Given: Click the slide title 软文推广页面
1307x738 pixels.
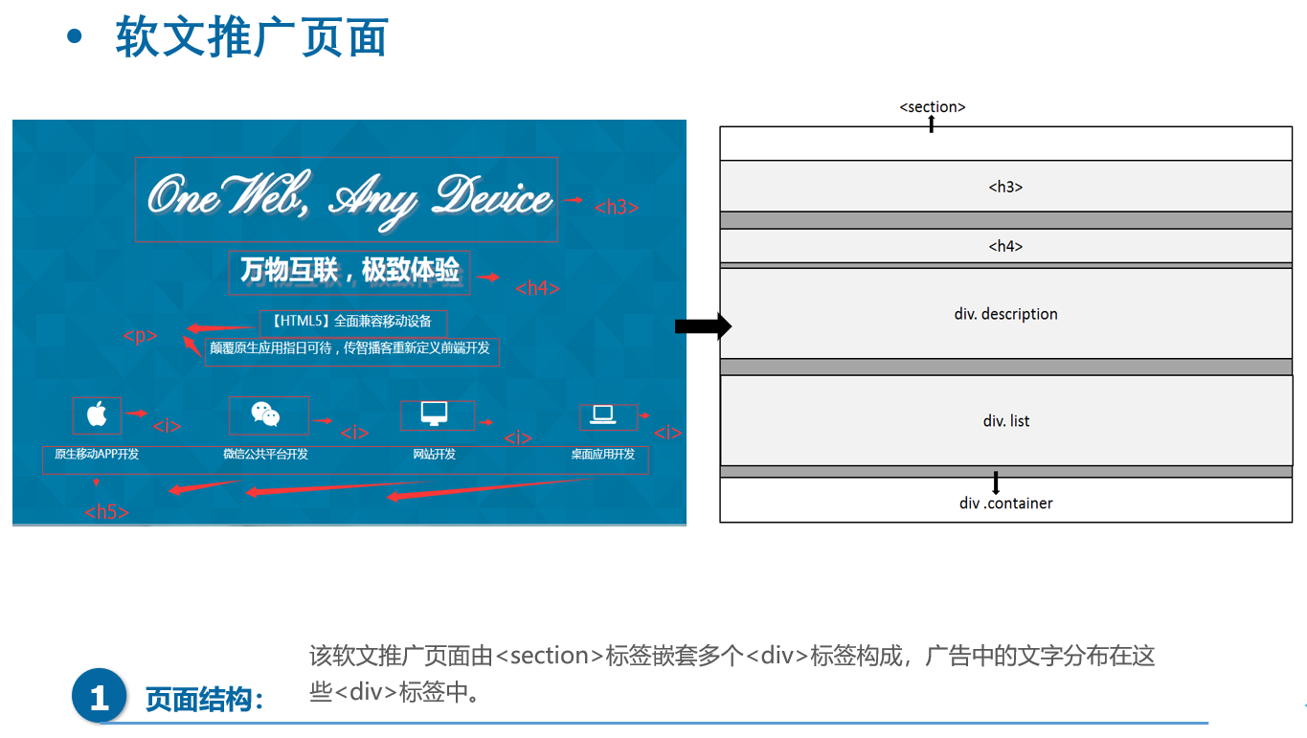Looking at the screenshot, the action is [x=251, y=38].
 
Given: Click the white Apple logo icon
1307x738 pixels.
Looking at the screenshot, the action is [x=97, y=414].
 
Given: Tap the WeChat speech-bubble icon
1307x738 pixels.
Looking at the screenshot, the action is [x=265, y=414].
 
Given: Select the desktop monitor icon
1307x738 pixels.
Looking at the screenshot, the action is [x=434, y=414].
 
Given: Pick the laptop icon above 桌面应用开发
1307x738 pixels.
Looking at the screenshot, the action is [x=603, y=414].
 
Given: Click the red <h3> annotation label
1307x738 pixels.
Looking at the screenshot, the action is [x=616, y=207].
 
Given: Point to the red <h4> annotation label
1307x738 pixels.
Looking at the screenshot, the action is [x=537, y=288].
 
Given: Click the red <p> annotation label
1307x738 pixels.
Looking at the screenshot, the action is [x=140, y=336].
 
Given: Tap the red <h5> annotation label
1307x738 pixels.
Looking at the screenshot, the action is [x=106, y=512].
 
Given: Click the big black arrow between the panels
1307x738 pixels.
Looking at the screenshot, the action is [x=703, y=327].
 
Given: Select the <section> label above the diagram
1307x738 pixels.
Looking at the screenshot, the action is [x=932, y=107].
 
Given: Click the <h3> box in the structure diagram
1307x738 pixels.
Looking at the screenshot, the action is [x=1005, y=187].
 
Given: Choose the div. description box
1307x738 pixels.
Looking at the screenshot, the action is [x=1005, y=314].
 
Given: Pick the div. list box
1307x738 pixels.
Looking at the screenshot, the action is [x=1005, y=421].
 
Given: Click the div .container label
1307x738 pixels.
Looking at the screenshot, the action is [x=1005, y=503].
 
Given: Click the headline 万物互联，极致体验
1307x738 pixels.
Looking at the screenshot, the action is [x=349, y=271].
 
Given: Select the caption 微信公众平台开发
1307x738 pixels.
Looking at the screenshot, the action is [x=265, y=455].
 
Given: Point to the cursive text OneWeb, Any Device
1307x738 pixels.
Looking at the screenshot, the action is [x=349, y=198].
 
